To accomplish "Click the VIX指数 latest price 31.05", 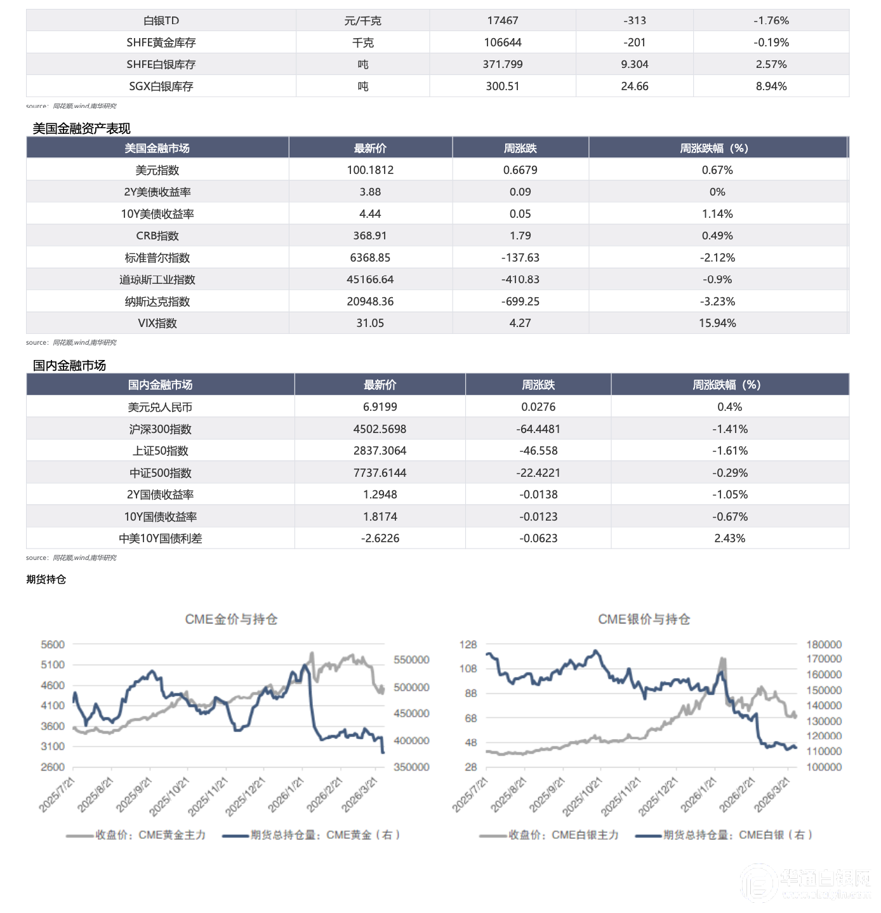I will pyautogui.click(x=370, y=323).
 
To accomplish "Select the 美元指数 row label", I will pyautogui.click(x=157, y=170).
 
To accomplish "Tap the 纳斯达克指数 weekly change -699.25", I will pyautogui.click(x=520, y=302).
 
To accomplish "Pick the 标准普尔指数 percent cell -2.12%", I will pyautogui.click(x=717, y=258).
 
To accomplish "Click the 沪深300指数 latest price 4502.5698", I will pyautogui.click(x=380, y=429).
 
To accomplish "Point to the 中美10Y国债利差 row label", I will pyautogui.click(x=161, y=538).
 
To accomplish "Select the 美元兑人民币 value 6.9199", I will pyautogui.click(x=380, y=407).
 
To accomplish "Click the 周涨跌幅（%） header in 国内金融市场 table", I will pyautogui.click(x=729, y=385).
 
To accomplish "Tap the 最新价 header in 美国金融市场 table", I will pyautogui.click(x=370, y=149).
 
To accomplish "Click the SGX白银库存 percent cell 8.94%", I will pyautogui.click(x=771, y=86).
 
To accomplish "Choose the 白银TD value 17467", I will pyautogui.click(x=503, y=21).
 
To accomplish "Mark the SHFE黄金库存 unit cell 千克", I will pyautogui.click(x=362, y=43).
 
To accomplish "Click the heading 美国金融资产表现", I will pyautogui.click(x=82, y=129).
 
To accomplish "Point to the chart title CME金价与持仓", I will pyautogui.click(x=231, y=619).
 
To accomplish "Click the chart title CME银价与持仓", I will pyautogui.click(x=644, y=619).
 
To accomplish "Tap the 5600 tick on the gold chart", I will pyautogui.click(x=53, y=644).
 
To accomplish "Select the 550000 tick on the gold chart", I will pyautogui.click(x=411, y=660).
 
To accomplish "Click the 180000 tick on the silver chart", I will pyautogui.click(x=824, y=644).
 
